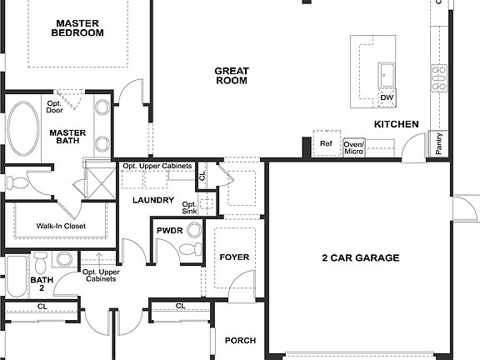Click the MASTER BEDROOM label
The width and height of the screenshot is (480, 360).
pyautogui.click(x=77, y=28)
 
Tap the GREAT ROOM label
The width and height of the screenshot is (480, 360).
pyautogui.click(x=232, y=76)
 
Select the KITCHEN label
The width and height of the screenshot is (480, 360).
pyautogui.click(x=397, y=124)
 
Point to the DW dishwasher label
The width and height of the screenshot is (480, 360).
pyautogui.click(x=387, y=97)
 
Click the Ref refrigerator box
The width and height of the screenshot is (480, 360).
pyautogui.click(x=327, y=143)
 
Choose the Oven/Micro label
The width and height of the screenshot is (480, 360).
pyautogui.click(x=354, y=147)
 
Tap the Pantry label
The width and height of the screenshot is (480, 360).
pyautogui.click(x=438, y=143)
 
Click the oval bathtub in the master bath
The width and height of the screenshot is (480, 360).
pyautogui.click(x=23, y=128)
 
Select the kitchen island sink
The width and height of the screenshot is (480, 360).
pyautogui.click(x=387, y=75)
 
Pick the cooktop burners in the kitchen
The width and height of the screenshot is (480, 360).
pyautogui.click(x=439, y=78)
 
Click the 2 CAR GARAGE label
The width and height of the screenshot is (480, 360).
pyautogui.click(x=361, y=257)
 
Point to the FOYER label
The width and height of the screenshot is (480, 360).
pyautogui.click(x=234, y=257)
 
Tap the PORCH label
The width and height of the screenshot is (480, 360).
pyautogui.click(x=240, y=340)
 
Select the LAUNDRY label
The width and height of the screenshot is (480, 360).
pyautogui.click(x=153, y=200)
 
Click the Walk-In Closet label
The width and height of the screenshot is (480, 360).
pyautogui.click(x=61, y=226)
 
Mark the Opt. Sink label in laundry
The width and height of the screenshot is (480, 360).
pyautogui.click(x=189, y=207)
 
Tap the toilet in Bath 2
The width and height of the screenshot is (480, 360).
pyautogui.click(x=40, y=262)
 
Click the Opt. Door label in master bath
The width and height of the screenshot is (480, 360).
pyautogui.click(x=54, y=107)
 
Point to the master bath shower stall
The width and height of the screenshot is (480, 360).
pyautogui.click(x=101, y=183)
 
